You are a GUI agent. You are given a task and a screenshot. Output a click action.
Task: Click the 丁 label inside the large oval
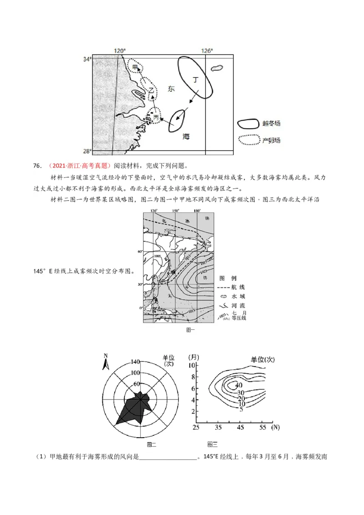coord(196,79)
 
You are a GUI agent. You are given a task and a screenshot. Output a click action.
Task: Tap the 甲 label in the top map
coord(135,67)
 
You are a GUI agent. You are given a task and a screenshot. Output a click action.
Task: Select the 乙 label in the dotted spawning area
coord(152,91)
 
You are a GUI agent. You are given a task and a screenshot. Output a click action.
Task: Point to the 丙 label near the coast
coord(157,118)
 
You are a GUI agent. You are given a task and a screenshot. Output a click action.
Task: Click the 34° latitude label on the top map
coord(87,59)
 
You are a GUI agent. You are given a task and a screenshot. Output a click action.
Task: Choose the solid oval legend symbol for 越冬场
coord(248,124)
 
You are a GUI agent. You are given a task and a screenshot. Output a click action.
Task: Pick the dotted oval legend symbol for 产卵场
coord(248,140)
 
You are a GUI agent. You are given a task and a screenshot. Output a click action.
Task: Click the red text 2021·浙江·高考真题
coord(79,165)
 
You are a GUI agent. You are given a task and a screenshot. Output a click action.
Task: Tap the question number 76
coord(37,165)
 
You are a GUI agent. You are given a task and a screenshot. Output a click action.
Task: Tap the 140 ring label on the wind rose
coord(135,362)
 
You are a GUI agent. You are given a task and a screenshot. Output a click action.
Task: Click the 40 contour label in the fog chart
coord(239,385)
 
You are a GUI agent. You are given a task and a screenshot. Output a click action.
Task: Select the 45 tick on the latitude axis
coord(241,427)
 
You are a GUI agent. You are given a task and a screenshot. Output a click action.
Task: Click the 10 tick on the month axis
coord(192,365)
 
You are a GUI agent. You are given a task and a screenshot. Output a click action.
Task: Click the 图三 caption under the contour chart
coord(212,444)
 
